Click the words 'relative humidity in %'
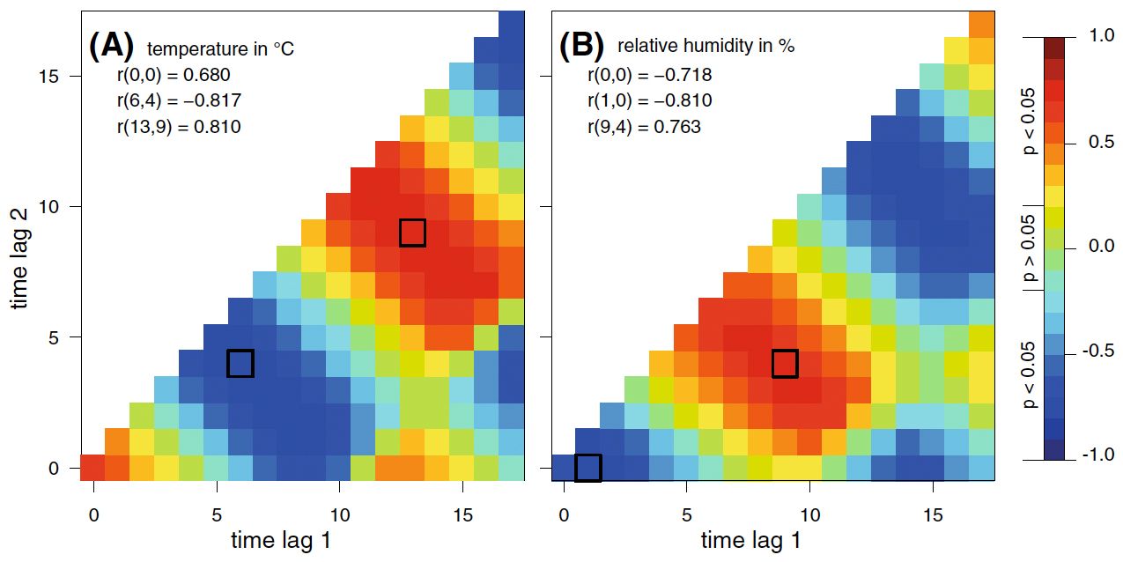706,47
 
